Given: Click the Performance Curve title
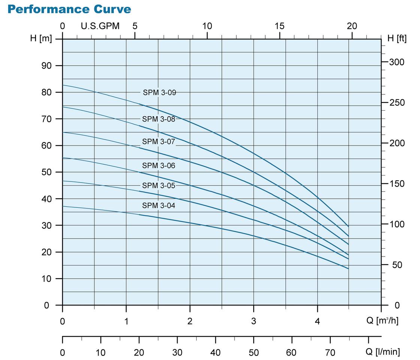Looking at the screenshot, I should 69,9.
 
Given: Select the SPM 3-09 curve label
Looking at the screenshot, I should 159,93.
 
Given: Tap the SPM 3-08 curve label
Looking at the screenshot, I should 158,119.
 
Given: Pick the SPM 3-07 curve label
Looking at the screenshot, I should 158,142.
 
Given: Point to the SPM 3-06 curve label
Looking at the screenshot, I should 158,165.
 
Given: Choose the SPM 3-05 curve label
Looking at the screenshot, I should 158,185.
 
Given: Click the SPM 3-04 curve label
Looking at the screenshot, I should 158,205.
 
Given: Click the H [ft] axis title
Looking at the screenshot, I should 397,38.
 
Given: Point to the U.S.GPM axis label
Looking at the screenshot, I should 100,26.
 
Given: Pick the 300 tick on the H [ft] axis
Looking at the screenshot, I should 397,62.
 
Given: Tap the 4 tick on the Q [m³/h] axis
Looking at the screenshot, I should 318,321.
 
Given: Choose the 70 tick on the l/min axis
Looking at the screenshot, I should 330,352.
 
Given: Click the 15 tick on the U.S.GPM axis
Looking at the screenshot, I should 280,26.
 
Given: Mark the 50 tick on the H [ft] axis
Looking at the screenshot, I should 394,265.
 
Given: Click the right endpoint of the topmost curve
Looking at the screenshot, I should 348,226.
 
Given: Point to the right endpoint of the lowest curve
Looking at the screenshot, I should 348,268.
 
